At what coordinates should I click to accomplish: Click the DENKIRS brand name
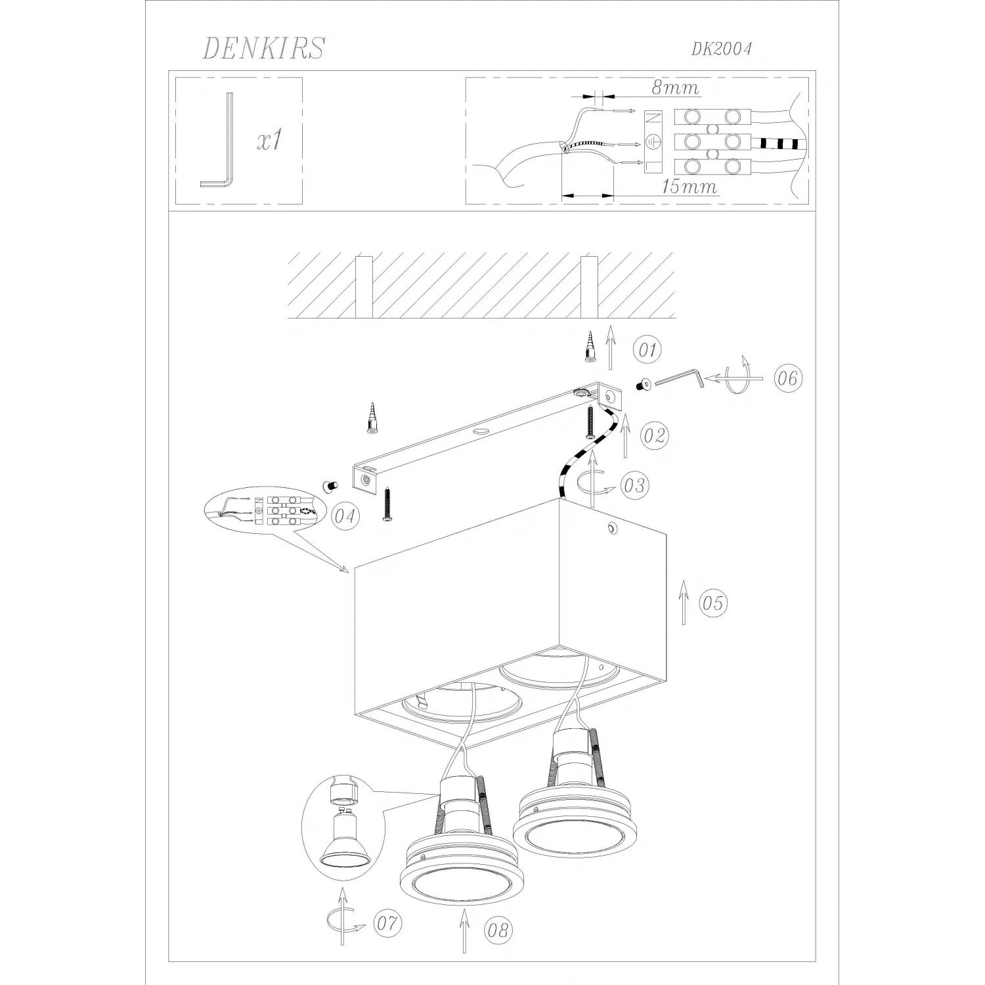click(263, 48)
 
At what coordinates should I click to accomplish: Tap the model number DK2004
click(721, 49)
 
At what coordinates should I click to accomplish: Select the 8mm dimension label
click(675, 87)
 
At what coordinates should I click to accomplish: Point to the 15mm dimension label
click(689, 186)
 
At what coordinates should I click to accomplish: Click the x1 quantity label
click(271, 140)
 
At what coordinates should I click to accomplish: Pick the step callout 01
click(648, 349)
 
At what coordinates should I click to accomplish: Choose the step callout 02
click(654, 435)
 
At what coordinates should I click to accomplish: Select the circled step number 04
click(345, 516)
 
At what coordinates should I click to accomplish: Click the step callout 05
click(713, 602)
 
